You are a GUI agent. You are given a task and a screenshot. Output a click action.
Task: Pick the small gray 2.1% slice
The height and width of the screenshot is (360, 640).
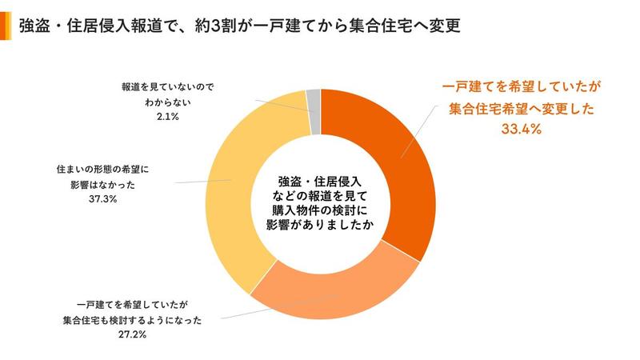tap(314, 100)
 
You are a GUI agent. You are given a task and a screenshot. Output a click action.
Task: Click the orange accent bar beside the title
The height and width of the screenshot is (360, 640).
tap(6, 27)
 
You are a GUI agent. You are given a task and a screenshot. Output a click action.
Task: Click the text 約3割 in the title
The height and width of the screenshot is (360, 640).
tap(216, 27)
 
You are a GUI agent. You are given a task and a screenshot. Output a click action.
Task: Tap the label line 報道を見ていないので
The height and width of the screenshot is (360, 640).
tap(167, 85)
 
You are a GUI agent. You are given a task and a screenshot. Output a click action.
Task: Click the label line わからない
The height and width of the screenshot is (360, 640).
tap(167, 102)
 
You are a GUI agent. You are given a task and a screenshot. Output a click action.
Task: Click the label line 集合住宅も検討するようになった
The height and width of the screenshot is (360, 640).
tap(133, 321)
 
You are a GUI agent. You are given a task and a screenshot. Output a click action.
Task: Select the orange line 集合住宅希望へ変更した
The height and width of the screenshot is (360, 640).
tap(518, 109)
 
